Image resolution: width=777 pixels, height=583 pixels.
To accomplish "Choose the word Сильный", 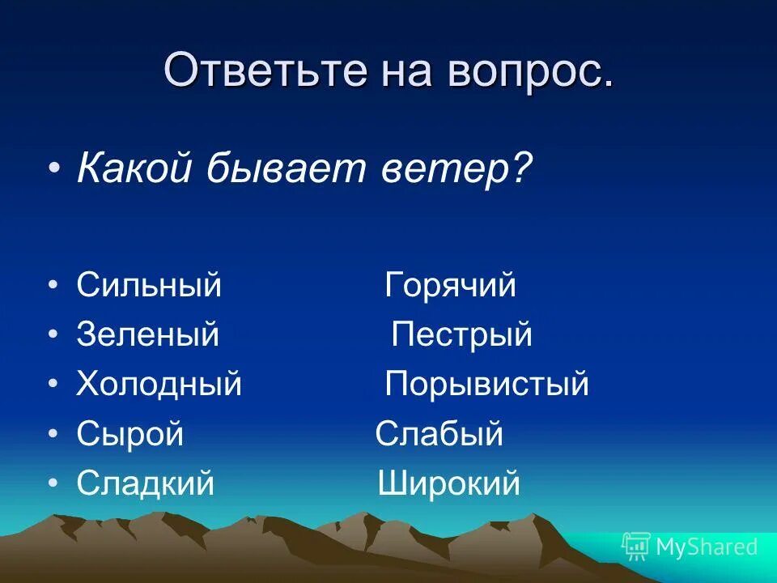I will point(149,285).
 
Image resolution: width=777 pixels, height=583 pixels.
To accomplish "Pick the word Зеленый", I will point(147,334).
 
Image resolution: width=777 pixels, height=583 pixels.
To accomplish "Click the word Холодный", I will point(159,383).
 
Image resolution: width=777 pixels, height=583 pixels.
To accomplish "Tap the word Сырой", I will point(130,434).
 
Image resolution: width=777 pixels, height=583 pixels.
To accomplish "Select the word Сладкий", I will point(146,483).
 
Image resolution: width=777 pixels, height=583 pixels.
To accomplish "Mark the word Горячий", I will point(450,285).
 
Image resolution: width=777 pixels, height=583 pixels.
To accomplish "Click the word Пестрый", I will point(461,334).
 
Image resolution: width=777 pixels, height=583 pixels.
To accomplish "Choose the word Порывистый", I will point(486,383).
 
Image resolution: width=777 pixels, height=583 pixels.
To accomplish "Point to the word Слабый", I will point(439,434).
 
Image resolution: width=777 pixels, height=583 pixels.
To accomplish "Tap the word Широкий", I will point(448,483).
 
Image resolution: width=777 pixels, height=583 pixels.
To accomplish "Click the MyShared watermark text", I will point(707,547).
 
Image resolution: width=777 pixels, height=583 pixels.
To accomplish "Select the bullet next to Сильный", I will point(53,287).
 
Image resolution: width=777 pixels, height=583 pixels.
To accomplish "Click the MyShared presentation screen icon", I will point(636,547).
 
